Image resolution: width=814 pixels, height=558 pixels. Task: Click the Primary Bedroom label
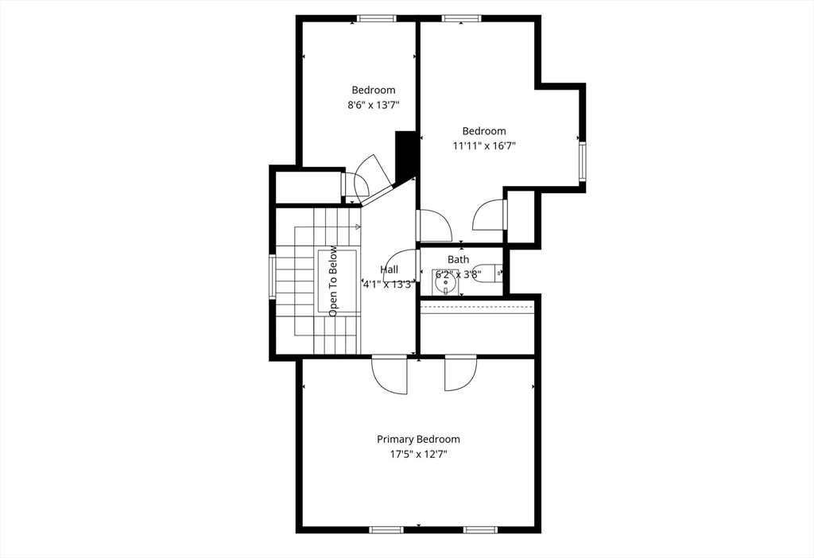point(418,439)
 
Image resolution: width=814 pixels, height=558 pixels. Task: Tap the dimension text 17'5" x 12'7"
point(418,455)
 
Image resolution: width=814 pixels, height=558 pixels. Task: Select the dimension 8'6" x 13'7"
point(373,105)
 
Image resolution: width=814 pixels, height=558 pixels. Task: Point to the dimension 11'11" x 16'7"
point(484,145)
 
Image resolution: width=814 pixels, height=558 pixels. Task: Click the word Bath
point(459,259)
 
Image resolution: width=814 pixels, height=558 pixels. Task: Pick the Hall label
point(390,269)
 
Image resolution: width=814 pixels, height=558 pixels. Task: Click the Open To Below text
point(333,281)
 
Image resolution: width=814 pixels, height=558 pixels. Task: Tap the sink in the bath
point(444,280)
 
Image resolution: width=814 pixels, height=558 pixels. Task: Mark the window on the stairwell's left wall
point(273,277)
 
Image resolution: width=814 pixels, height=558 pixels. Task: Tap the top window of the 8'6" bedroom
point(372,19)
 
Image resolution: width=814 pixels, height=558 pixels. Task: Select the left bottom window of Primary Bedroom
point(387,529)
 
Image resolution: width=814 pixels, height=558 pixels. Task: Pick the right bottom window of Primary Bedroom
point(481,529)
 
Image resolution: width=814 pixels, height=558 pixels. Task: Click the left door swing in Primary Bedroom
point(390,374)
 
